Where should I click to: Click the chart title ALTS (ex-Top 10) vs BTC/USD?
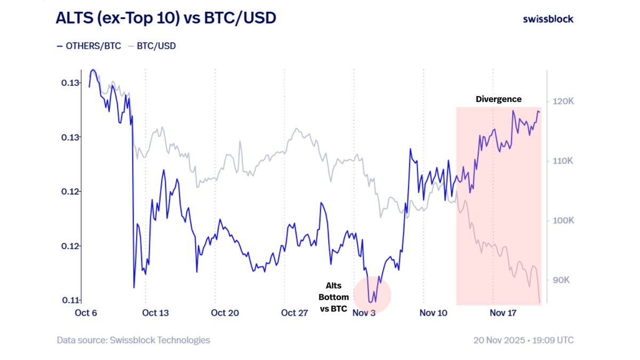tap(165, 19)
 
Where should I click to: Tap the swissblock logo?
tap(548, 19)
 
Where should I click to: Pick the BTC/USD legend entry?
tap(152, 46)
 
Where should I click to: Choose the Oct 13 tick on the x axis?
tap(155, 313)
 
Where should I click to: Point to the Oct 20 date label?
tap(225, 313)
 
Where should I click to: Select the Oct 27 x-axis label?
tap(294, 313)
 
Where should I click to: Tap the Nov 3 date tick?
tap(364, 313)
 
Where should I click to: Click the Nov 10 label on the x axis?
tap(433, 313)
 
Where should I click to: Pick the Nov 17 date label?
tap(503, 313)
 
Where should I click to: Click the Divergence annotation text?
tap(498, 99)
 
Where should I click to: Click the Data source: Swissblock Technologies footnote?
tap(133, 340)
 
